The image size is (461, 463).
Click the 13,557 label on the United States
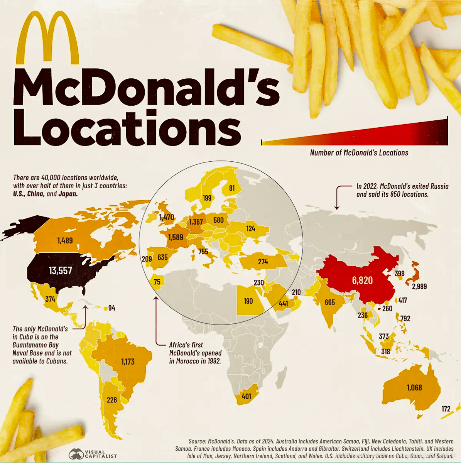(x=60, y=270)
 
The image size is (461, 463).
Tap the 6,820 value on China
(x=362, y=280)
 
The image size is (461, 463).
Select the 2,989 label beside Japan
(x=419, y=286)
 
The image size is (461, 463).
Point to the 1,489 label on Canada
(x=65, y=240)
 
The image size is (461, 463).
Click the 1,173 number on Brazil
(x=128, y=362)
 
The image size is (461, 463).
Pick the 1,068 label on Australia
(x=414, y=387)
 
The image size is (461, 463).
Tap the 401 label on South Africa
(x=246, y=396)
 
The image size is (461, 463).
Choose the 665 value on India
(x=330, y=302)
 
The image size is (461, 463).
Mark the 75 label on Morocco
(x=157, y=282)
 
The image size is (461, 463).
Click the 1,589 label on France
(x=176, y=237)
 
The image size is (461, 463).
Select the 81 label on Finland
(x=231, y=188)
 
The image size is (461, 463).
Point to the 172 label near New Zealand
(x=446, y=409)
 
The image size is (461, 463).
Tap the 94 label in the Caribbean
(x=111, y=308)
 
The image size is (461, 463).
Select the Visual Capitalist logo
(x=93, y=454)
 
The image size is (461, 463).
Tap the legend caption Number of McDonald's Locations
(x=359, y=153)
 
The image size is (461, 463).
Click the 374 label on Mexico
(x=50, y=299)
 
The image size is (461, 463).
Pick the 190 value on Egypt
(x=248, y=301)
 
